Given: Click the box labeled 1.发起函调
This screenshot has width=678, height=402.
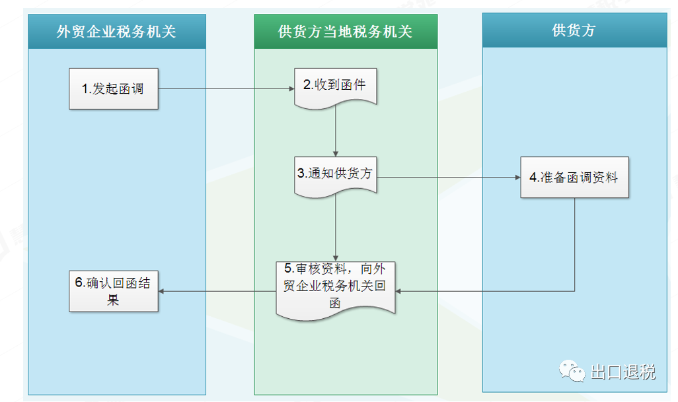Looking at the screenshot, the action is coord(114,88).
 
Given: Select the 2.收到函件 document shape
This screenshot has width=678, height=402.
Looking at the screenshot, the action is coord(336,88).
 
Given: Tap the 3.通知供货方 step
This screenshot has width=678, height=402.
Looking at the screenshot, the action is coord(336,176).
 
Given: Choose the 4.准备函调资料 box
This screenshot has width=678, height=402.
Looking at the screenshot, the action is coord(575,177).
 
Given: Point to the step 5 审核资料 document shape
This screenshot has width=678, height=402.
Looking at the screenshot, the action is coord(336,290).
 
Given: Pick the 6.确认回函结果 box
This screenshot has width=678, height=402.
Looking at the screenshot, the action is coord(114,291).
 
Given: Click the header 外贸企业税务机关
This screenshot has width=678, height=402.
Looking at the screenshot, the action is coord(117,32).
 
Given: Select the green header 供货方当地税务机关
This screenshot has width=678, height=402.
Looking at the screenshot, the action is coord(346,32).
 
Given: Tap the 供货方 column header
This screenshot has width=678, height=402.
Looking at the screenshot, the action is coord(575,30).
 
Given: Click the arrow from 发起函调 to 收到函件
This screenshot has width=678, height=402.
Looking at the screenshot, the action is coord(226,89).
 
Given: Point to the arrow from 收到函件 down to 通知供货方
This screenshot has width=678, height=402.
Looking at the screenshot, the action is coord(336,131).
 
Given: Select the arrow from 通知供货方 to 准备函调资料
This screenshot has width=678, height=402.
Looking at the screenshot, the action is coord(449,177).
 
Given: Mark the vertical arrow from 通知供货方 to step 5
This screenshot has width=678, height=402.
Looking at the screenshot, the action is coord(336,228).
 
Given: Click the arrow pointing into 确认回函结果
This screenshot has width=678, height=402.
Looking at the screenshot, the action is coord(217,291).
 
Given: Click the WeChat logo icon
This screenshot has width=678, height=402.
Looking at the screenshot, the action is coord(572,370).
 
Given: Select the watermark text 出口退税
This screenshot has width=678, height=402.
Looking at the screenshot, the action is coord(623,372).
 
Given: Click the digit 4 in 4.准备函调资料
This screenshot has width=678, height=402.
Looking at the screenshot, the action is coord(533,177).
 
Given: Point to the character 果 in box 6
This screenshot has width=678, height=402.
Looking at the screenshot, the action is coord(113,300).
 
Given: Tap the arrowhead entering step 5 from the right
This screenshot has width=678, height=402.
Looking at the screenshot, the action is coord(398,291).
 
